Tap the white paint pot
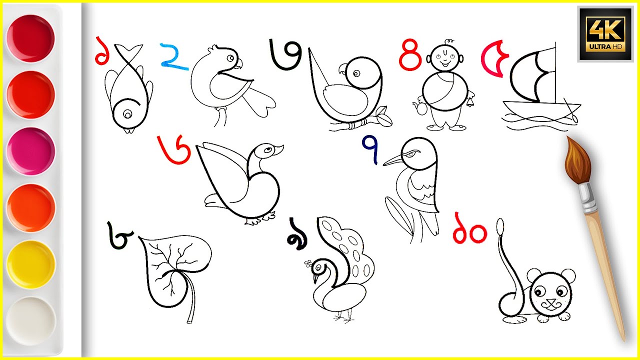click(31, 320)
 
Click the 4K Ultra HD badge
click(606, 33)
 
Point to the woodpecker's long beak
click(395, 160)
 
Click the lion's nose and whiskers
click(551, 304)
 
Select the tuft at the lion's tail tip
click(499, 226)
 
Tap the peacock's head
click(317, 267)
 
